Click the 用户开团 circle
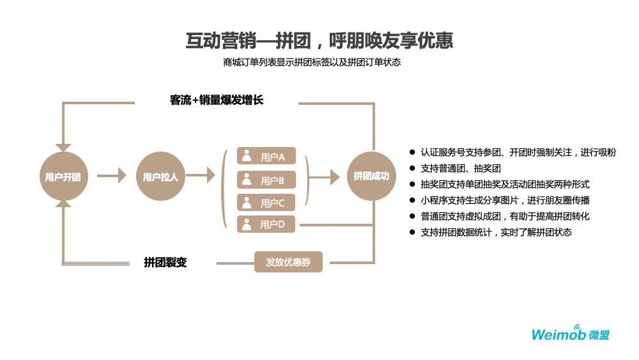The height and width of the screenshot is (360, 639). (x=63, y=176)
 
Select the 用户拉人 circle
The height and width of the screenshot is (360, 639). (x=160, y=176)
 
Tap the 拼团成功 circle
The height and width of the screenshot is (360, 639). (x=371, y=176)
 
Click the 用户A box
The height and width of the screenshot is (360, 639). (x=266, y=156)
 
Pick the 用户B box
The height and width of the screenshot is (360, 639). (x=266, y=180)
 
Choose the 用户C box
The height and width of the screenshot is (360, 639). (x=266, y=203)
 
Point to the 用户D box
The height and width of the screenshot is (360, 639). (x=266, y=224)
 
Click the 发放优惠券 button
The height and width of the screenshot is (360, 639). (x=288, y=262)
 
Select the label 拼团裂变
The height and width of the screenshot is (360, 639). (x=166, y=262)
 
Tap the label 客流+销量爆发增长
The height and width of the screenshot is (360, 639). (x=217, y=100)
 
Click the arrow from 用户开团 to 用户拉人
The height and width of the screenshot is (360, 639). (x=112, y=175)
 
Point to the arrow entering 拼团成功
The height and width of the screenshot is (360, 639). (x=326, y=177)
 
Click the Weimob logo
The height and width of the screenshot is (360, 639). (x=570, y=333)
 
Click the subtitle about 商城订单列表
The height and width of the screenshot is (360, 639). (x=312, y=63)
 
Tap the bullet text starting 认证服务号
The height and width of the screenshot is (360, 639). (x=518, y=152)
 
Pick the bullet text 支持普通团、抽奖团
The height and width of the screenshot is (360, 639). (x=460, y=168)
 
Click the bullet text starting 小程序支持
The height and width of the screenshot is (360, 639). (x=504, y=200)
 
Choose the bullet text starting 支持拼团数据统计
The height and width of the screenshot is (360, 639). (x=496, y=232)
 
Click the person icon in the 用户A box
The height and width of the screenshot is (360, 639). (x=247, y=155)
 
